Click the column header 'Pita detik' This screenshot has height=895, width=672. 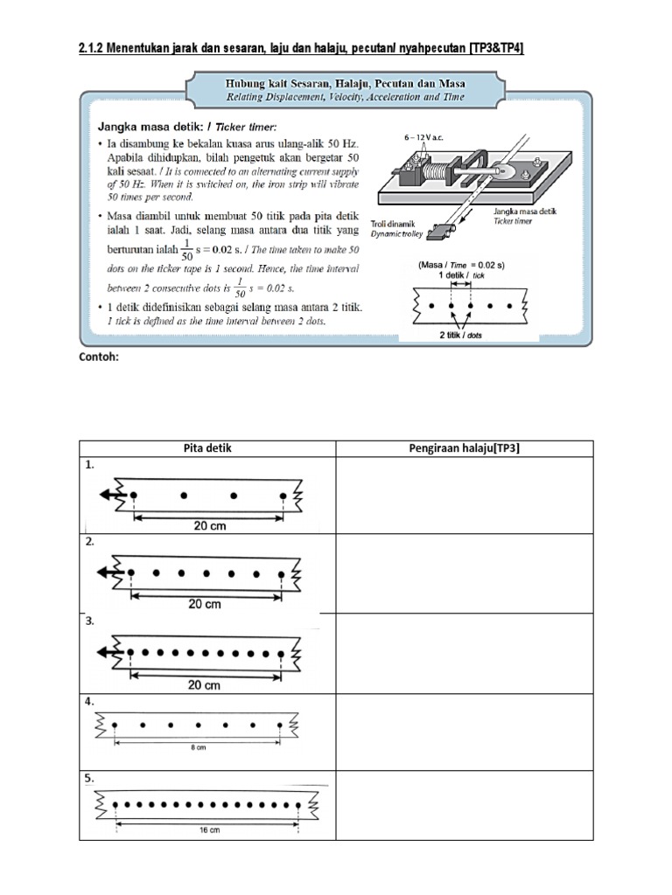pos(207,448)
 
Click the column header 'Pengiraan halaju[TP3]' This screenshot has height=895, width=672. pos(465,448)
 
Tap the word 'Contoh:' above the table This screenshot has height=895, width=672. pos(99,357)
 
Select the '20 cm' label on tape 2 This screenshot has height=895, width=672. pos(205,604)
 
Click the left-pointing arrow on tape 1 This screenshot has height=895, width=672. pos(108,495)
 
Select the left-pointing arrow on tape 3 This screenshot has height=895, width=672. pos(108,651)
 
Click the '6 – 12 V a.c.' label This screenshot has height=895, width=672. pos(424,138)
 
